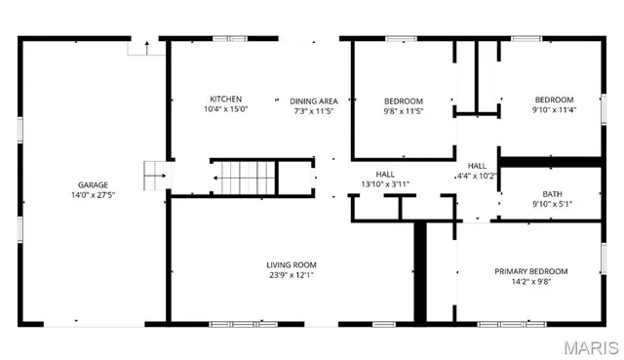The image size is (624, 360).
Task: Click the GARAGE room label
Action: (x=94, y=184)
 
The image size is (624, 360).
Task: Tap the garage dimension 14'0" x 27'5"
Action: (x=94, y=195)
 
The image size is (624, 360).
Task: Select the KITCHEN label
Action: (x=225, y=99)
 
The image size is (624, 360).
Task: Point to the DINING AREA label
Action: (x=313, y=100)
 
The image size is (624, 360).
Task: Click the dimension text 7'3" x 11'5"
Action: (x=313, y=111)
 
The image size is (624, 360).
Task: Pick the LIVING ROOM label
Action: (x=292, y=264)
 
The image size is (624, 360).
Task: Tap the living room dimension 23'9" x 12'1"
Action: (x=292, y=275)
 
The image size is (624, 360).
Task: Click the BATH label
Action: (x=553, y=193)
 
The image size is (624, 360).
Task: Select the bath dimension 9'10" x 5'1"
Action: (x=553, y=204)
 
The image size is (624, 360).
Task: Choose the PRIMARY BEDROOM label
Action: (x=530, y=271)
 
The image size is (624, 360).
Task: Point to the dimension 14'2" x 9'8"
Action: (x=530, y=282)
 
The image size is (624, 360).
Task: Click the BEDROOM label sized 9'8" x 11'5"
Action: (x=403, y=100)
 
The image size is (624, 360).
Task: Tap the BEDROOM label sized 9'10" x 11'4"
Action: (x=554, y=99)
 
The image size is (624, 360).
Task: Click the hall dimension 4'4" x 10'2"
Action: (x=477, y=177)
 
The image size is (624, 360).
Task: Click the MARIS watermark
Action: (x=590, y=346)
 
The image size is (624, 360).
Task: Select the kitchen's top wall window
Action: (x=229, y=38)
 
